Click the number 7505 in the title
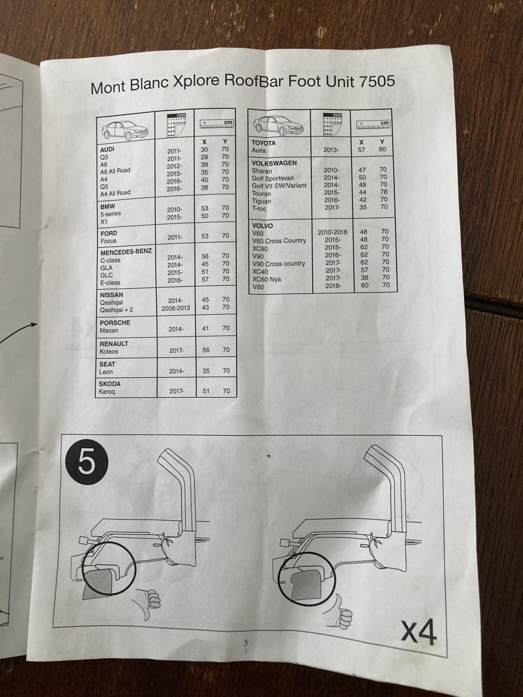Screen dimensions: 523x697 click(377, 81)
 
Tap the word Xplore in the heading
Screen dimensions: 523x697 click(196, 83)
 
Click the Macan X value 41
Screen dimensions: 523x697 click(205, 328)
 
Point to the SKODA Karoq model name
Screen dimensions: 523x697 click(107, 392)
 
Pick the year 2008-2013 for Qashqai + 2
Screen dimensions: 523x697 click(175, 308)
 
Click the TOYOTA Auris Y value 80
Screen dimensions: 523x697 click(382, 149)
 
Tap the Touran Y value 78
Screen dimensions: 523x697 click(384, 192)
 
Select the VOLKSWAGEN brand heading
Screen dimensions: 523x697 click(274, 163)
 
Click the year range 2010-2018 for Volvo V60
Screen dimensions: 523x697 click(332, 232)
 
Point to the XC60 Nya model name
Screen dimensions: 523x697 click(267, 279)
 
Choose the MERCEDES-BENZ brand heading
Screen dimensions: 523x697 click(126, 252)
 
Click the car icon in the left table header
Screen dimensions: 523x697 click(125, 130)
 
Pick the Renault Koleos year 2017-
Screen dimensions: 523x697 click(176, 350)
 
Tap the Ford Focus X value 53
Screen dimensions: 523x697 click(205, 236)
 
